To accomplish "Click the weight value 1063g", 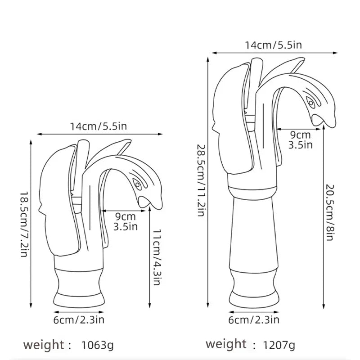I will point(98,346).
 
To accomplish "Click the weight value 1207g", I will point(280,346).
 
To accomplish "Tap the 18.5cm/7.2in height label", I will point(23,223).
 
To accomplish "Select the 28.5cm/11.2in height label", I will point(200,180).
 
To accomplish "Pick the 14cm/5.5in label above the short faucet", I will point(98,126).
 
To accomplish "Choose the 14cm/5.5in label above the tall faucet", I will point(273,45).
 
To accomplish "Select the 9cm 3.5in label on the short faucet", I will point(126,221).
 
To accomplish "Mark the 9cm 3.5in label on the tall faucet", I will point(300,139).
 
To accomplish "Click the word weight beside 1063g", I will point(44,345).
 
